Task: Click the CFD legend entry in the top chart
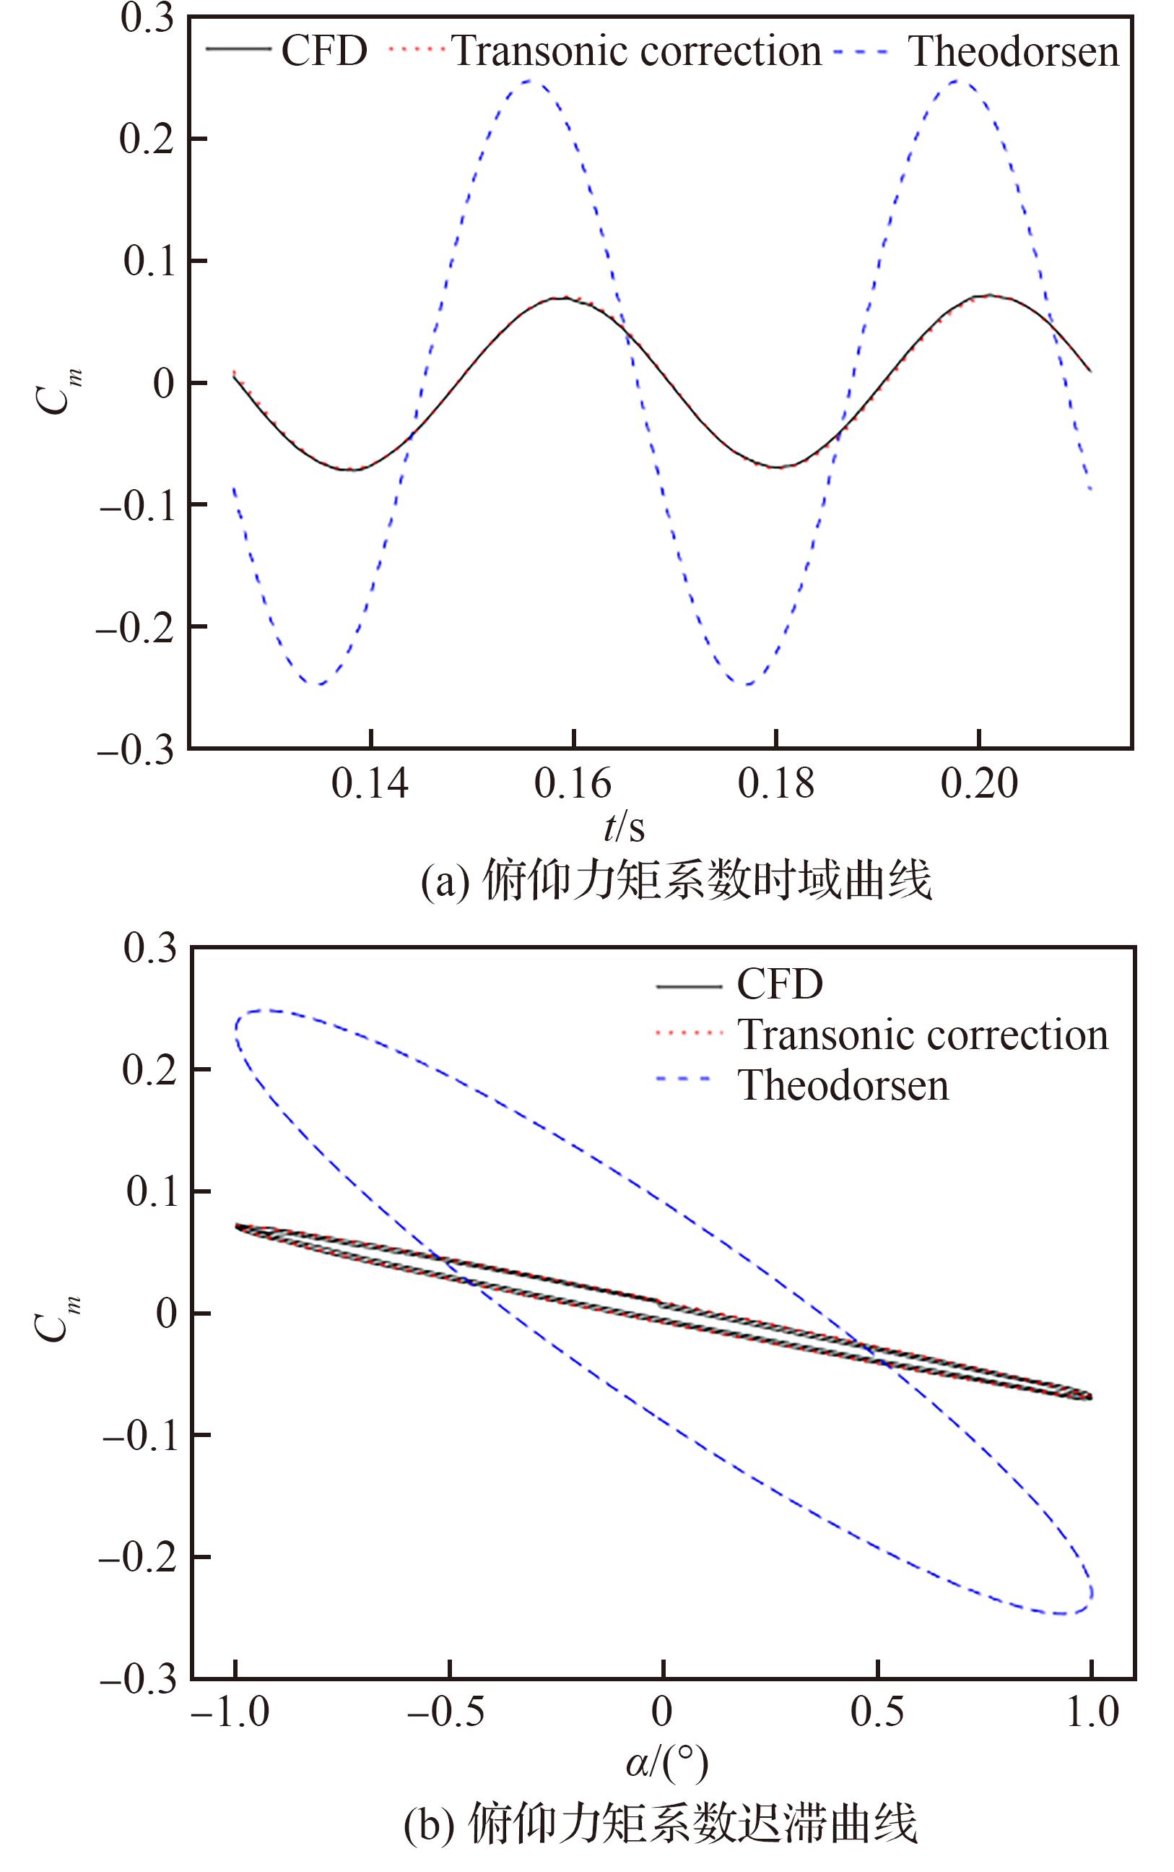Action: click(x=323, y=51)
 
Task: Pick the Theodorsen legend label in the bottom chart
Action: click(x=843, y=1085)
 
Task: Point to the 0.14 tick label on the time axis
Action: click(x=370, y=784)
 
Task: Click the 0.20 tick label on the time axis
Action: click(x=979, y=784)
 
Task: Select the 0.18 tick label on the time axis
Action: click(x=775, y=784)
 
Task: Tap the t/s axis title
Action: click(x=625, y=828)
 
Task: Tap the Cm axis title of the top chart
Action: click(x=58, y=392)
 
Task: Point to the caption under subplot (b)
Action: click(x=660, y=1823)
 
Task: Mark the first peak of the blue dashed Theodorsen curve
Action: click(x=529, y=80)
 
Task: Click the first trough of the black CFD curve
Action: click(x=350, y=469)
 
